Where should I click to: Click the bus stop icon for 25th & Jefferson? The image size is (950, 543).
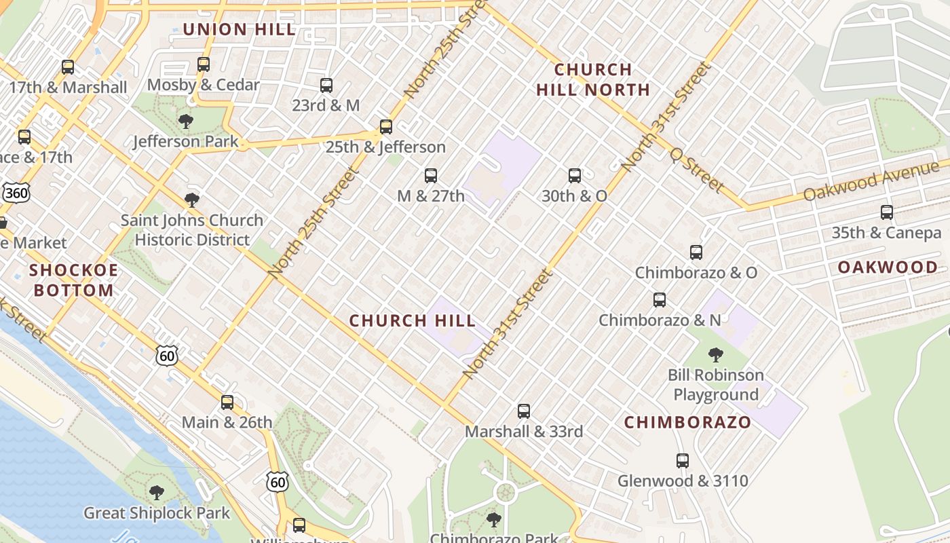click(386, 127)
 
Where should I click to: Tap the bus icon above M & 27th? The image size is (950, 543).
click(431, 176)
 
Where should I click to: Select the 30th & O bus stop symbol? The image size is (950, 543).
click(575, 176)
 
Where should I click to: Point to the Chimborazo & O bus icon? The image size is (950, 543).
click(696, 253)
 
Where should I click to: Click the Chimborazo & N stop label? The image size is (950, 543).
click(660, 320)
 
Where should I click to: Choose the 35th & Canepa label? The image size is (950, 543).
click(886, 233)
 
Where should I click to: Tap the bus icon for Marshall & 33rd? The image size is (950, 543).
click(524, 411)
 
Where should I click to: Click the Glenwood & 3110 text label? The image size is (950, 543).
click(683, 481)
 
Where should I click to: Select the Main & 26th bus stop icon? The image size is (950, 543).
click(227, 402)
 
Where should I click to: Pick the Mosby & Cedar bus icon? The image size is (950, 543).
click(204, 65)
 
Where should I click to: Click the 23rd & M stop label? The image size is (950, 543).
click(326, 106)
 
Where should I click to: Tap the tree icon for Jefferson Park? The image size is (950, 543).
click(185, 122)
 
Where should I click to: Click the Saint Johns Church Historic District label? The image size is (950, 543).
click(192, 230)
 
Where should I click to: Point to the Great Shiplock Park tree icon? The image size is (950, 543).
click(157, 493)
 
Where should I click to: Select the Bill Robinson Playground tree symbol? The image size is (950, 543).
click(715, 355)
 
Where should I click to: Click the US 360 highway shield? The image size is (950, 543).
click(16, 193)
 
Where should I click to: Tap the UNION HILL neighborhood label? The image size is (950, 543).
click(240, 29)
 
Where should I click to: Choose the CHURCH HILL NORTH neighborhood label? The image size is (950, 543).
click(593, 79)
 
